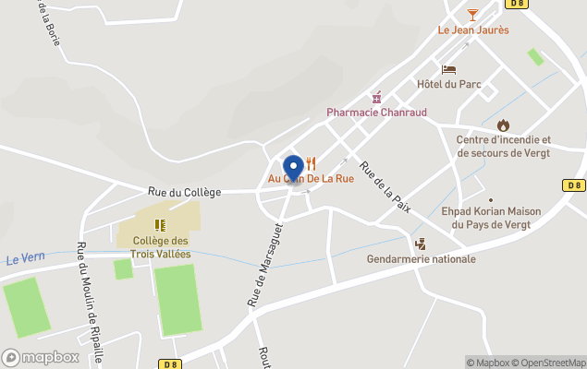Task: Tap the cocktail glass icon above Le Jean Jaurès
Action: click(x=473, y=14)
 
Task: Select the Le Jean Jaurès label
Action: click(x=473, y=30)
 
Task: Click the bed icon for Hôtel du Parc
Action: click(x=449, y=69)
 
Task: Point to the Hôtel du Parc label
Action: click(x=448, y=84)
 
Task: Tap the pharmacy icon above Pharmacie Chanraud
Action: click(x=376, y=97)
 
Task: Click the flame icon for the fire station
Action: click(x=503, y=125)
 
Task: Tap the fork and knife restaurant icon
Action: click(x=312, y=163)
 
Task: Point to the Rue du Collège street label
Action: click(x=185, y=192)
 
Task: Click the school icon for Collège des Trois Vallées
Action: click(x=160, y=224)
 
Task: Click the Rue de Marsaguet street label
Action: click(x=253, y=268)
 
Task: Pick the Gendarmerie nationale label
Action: click(x=422, y=259)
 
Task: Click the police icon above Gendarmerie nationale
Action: click(x=421, y=244)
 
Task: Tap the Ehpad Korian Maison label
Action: click(x=491, y=217)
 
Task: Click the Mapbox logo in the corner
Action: click(x=41, y=357)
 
